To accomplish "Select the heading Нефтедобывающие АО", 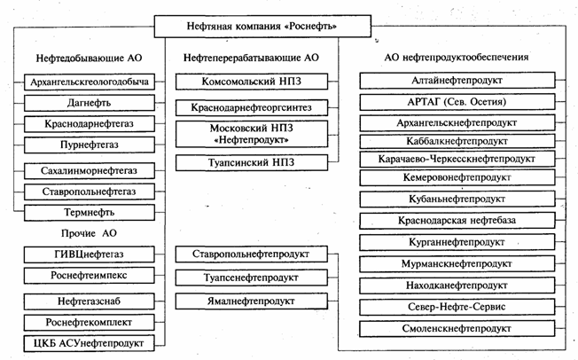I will click(88, 58).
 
